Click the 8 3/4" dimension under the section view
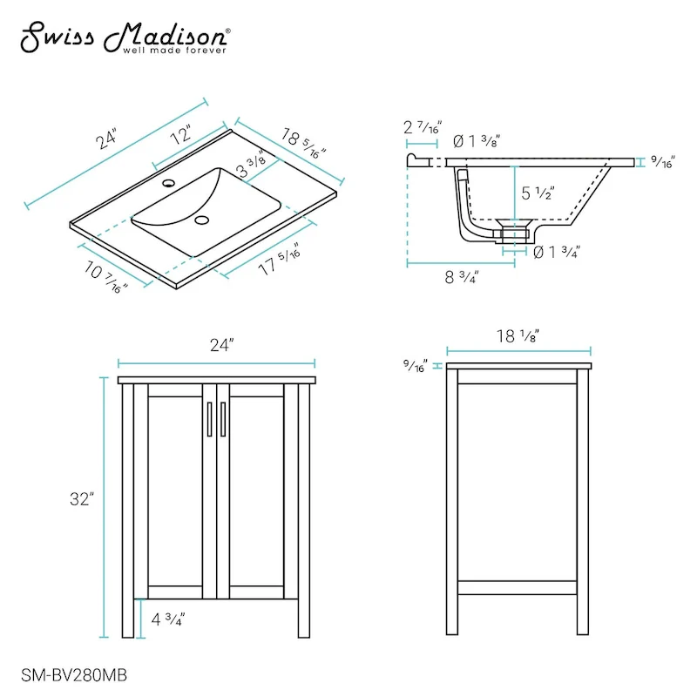point(462,277)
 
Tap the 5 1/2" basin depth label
point(538,194)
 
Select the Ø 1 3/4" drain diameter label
point(556,253)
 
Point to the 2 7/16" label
point(424,127)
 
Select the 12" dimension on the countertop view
point(180,137)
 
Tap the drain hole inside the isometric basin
point(203,220)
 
